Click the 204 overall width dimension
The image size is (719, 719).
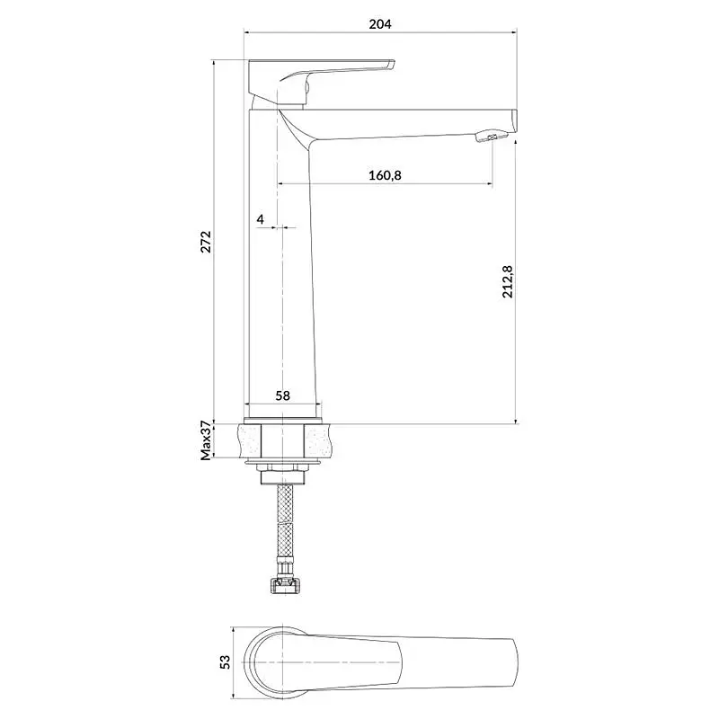pos(380,24)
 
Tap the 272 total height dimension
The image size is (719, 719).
pos(206,242)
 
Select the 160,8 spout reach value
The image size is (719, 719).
pos(385,175)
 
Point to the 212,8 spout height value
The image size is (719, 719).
pos(508,281)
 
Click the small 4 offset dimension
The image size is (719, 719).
pos(261,219)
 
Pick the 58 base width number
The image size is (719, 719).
pos(282,395)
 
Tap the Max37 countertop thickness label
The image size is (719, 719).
pos(206,440)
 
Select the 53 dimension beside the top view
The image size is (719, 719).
pos(226,661)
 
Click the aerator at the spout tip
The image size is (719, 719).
pos(492,137)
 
